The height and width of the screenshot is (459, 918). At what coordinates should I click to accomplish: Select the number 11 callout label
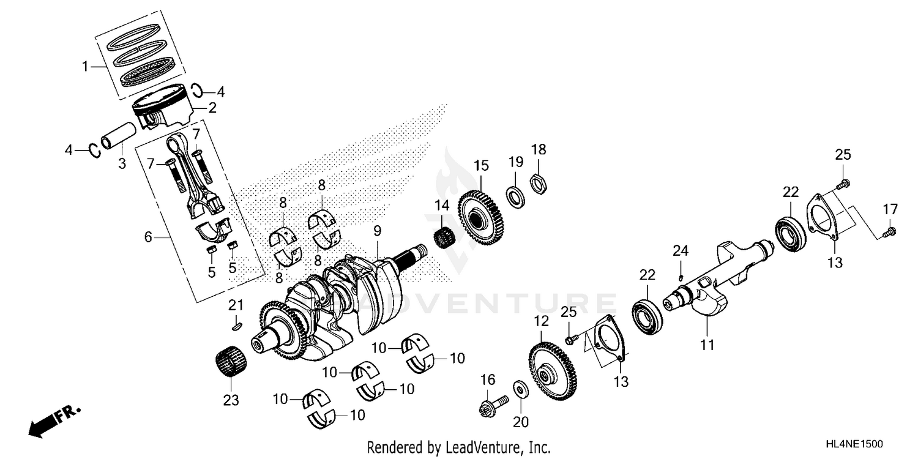click(x=707, y=345)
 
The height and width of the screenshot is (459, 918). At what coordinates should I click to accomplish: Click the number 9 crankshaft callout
click(x=378, y=230)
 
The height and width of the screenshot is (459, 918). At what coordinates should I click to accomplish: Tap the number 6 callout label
click(x=147, y=237)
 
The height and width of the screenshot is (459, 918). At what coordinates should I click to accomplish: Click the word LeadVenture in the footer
click(x=475, y=447)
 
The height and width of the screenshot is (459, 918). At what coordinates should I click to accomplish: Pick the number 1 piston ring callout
click(x=86, y=67)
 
